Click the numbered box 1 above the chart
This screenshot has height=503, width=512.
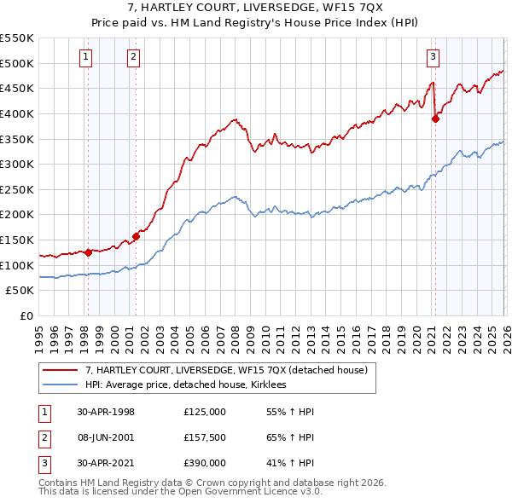click(x=87, y=57)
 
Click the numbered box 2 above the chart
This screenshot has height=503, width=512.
click(x=135, y=57)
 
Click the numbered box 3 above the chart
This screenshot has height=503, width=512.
click(x=433, y=57)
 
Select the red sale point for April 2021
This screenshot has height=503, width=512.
click(x=435, y=119)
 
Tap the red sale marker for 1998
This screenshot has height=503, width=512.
click(x=88, y=252)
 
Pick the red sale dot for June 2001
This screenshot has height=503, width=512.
click(x=136, y=236)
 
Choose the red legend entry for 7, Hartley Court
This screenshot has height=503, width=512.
click(x=226, y=370)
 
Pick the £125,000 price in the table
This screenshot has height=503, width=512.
click(x=205, y=411)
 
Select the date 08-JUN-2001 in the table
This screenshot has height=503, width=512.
click(x=106, y=437)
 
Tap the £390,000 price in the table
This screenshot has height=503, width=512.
click(x=205, y=464)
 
